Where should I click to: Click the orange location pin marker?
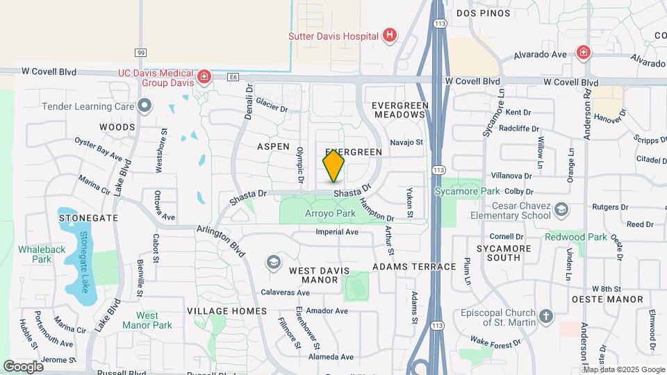(x=333, y=166)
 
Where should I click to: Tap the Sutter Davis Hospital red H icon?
(x=390, y=35)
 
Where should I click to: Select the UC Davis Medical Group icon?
(x=204, y=76)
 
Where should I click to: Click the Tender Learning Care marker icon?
(x=145, y=106)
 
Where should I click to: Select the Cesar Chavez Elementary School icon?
(x=561, y=209)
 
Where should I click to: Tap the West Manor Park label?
(x=148, y=320)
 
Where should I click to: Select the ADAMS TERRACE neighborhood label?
(x=414, y=266)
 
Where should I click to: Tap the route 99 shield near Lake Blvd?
(x=141, y=52)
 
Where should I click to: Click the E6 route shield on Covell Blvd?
(x=233, y=78)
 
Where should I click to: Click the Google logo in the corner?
(x=24, y=366)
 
